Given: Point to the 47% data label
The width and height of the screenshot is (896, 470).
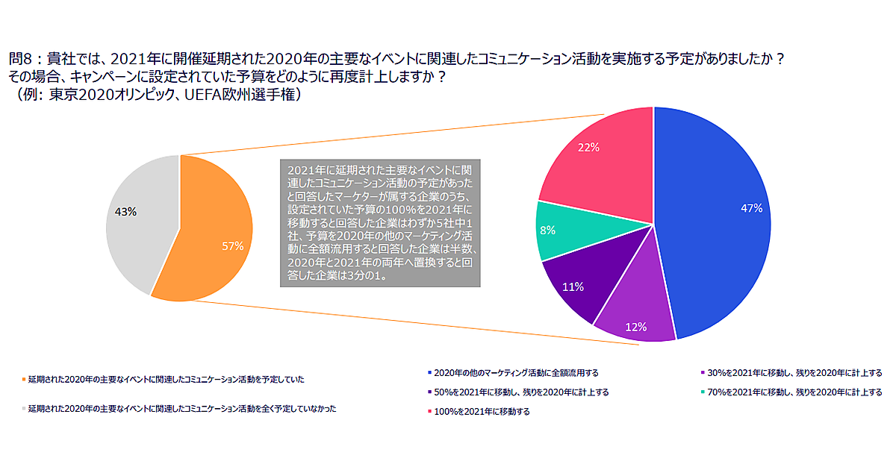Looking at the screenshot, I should click(x=750, y=208).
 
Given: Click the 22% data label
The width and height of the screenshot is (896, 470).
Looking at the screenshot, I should click(x=588, y=148).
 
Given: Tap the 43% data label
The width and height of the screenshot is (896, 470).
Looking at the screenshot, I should click(x=125, y=212).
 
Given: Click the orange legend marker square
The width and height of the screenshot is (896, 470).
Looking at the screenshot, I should click(x=25, y=380).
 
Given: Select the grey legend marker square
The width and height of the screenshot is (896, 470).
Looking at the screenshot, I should click(x=25, y=409).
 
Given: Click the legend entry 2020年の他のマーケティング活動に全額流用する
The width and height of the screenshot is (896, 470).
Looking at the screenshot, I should click(x=516, y=372).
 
